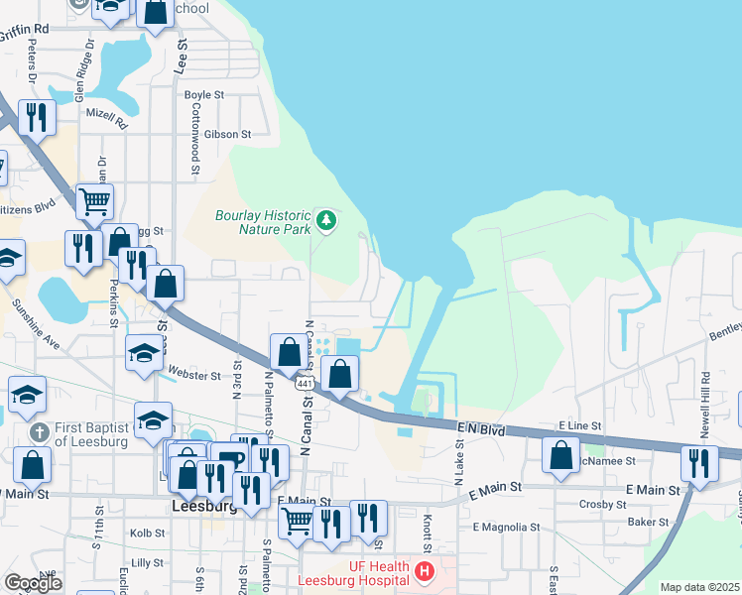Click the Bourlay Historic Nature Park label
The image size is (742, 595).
(262, 221)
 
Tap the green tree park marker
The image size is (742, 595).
(325, 219)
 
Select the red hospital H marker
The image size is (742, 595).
(425, 571)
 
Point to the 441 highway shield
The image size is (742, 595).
(306, 383)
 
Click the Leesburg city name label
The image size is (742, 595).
(204, 505)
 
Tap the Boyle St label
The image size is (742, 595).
(204, 95)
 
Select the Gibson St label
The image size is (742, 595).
(228, 134)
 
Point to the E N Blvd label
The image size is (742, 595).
(482, 427)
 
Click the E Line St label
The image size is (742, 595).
(581, 424)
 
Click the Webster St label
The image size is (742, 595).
(194, 376)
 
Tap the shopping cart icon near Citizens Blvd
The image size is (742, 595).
(94, 203)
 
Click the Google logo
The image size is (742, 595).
(33, 582)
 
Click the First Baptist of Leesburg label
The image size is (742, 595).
(92, 434)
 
